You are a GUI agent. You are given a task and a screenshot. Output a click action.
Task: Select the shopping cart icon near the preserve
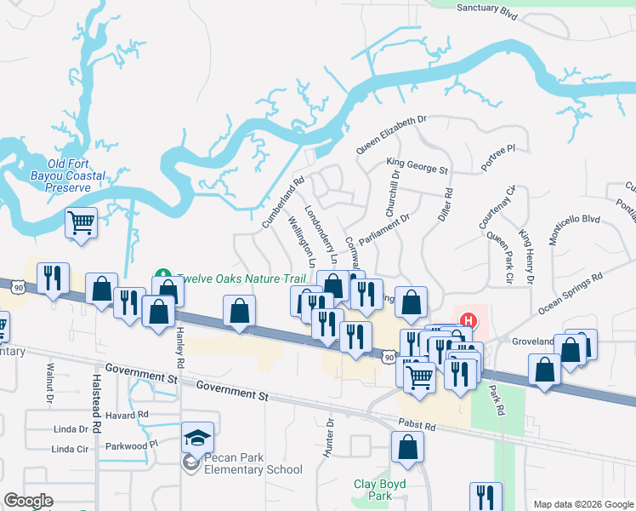(82, 223)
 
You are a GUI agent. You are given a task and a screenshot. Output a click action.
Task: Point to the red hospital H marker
(467, 322)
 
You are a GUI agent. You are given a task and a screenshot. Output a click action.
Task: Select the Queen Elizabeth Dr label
(390, 135)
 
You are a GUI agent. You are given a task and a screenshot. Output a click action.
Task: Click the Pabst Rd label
(417, 425)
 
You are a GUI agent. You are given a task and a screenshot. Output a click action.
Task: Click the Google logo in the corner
(28, 501)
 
